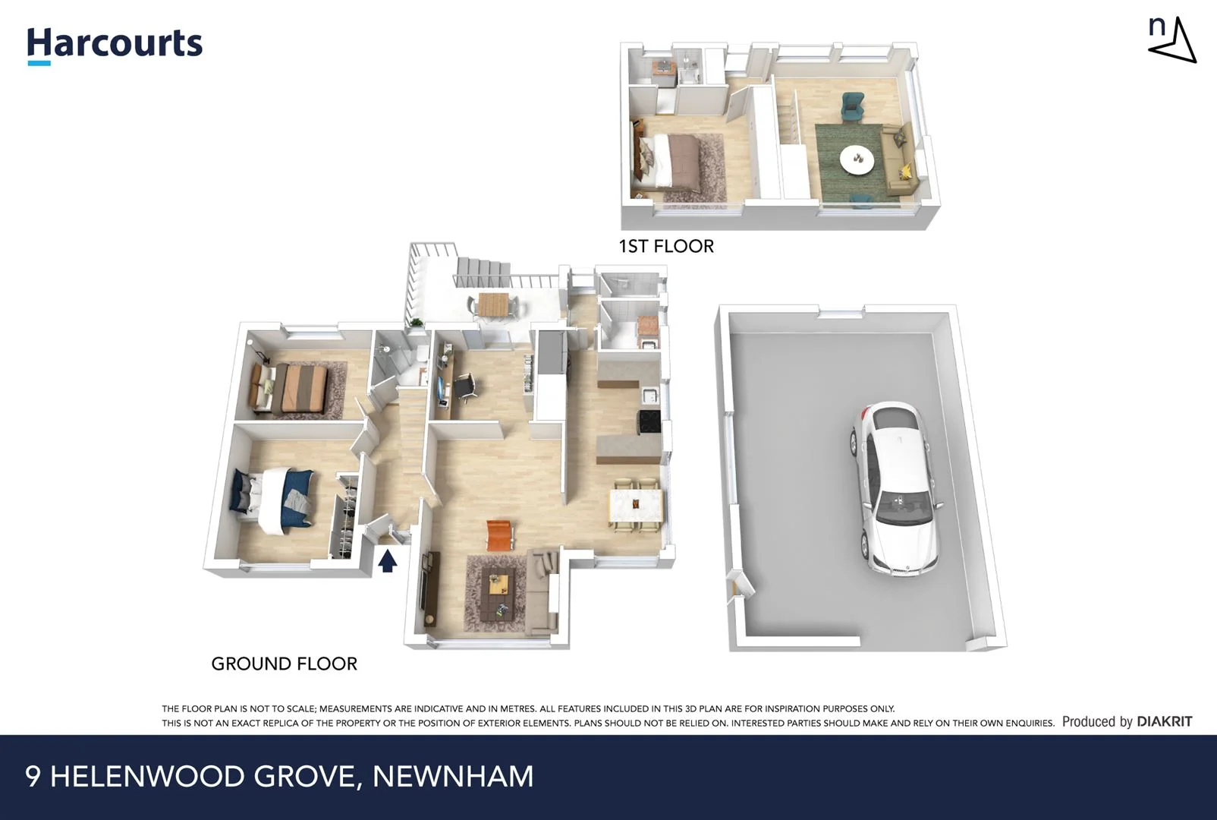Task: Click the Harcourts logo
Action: pyautogui.click(x=115, y=44)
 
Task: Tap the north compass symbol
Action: pyautogui.click(x=1171, y=41)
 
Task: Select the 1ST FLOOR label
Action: pyautogui.click(x=666, y=246)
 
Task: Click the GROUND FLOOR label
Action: pyautogui.click(x=284, y=664)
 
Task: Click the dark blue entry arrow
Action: pyautogui.click(x=388, y=560)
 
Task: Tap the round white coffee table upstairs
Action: pyautogui.click(x=857, y=159)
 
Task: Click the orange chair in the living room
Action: pyautogui.click(x=498, y=535)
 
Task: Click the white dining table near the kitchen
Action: pyautogui.click(x=636, y=506)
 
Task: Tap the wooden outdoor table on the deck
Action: pyautogui.click(x=492, y=304)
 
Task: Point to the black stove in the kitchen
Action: pyautogui.click(x=649, y=422)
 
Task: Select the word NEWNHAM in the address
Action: pyautogui.click(x=453, y=776)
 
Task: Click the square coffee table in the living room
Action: pyautogui.click(x=498, y=585)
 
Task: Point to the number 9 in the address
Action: pyautogui.click(x=33, y=776)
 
